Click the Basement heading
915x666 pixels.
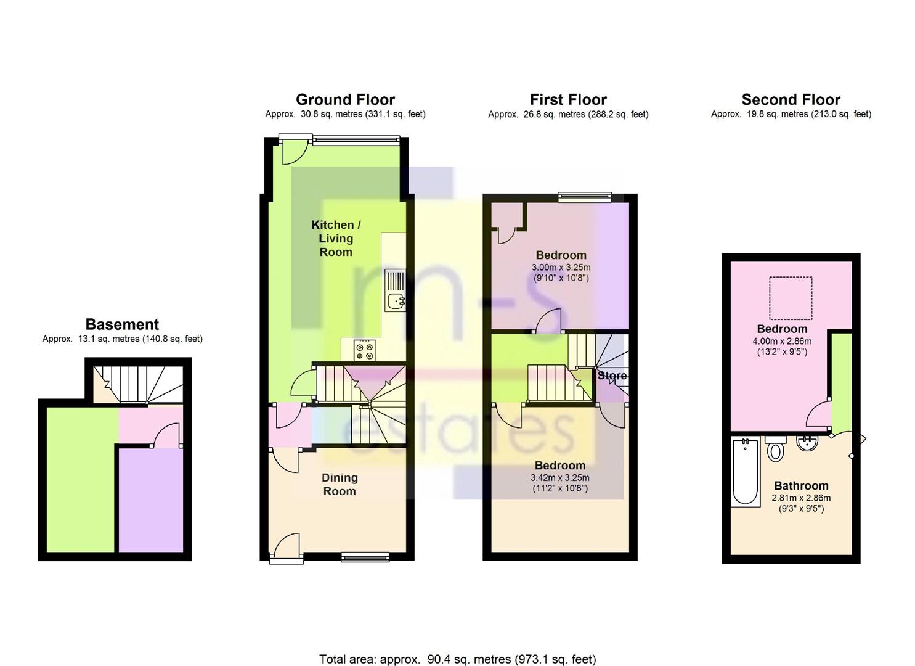coord(122,324)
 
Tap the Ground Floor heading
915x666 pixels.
coord(345,99)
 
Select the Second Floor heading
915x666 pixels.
coord(791,99)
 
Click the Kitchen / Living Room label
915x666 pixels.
coord(336,239)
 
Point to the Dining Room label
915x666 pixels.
coord(340,484)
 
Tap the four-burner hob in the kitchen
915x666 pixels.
coord(364,351)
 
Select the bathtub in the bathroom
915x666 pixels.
coord(745,472)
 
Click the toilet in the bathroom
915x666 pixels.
coord(775,448)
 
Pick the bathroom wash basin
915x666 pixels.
coord(808,443)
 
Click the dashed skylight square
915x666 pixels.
coord(791,298)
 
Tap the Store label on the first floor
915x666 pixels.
coord(612,376)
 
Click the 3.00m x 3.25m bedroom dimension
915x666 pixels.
coord(561,268)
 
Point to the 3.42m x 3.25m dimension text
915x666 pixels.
coord(559,477)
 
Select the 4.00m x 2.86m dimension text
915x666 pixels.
coord(782,341)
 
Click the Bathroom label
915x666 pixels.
coord(801,486)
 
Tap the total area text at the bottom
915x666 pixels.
coord(457,647)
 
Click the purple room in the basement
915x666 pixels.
coord(151,499)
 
